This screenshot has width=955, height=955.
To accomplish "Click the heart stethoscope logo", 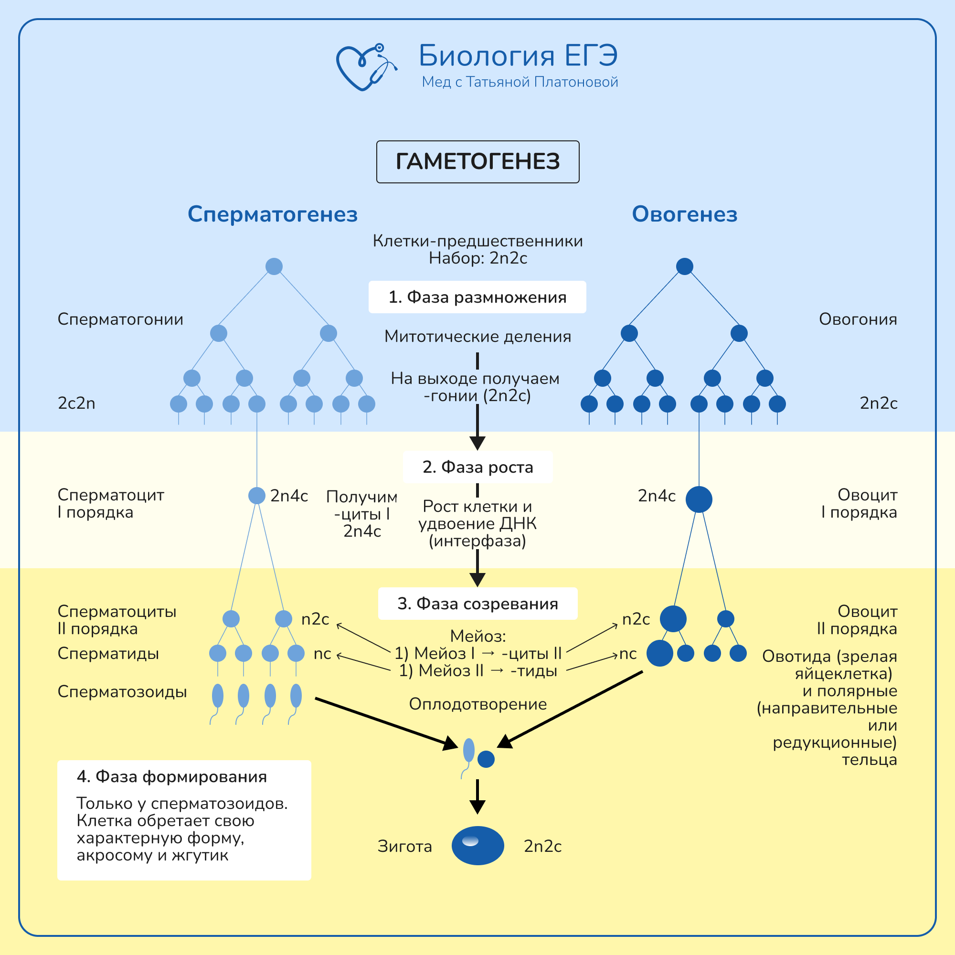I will (366, 67).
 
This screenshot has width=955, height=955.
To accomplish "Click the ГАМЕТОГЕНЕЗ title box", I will (477, 162).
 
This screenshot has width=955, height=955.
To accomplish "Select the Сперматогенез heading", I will (272, 214).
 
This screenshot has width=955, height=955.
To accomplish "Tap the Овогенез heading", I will (685, 214).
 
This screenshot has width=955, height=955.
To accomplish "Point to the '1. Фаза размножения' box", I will (477, 297).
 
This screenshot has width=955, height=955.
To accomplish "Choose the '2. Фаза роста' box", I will (477, 467).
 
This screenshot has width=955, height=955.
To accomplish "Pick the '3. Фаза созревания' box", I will (477, 604).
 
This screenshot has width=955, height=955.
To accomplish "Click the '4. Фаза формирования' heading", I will (171, 776).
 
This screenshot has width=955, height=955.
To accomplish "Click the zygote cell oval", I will (477, 846).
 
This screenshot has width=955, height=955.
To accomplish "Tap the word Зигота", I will (404, 846).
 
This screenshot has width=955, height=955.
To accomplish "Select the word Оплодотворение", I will (477, 704).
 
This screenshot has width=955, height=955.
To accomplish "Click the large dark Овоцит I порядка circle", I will (699, 499).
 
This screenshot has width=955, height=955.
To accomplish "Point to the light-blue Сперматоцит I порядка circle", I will (256, 495).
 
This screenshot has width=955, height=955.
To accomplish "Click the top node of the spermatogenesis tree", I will (274, 266).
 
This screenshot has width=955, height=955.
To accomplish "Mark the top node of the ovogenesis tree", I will (684, 266).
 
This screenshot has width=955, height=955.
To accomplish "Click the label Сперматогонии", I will (120, 319).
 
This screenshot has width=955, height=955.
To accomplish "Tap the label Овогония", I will (858, 319).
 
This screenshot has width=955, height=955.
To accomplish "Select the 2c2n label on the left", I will (76, 403).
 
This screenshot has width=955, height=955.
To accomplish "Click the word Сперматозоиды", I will (122, 691).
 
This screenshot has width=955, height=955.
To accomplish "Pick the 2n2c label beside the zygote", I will (542, 846).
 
